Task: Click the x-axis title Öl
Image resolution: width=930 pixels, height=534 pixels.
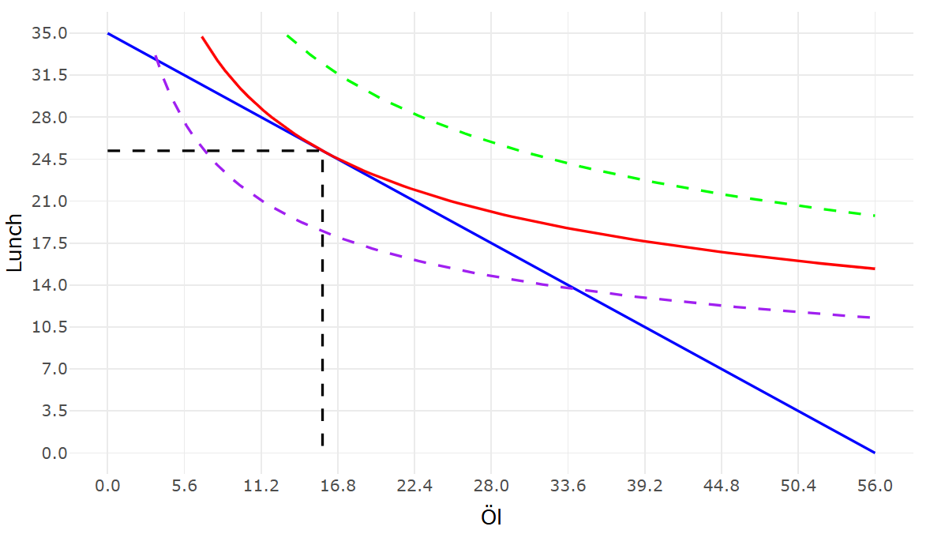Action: click(491, 518)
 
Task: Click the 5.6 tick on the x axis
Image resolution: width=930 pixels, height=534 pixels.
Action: click(184, 487)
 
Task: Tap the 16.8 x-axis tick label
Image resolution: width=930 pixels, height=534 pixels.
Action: click(337, 487)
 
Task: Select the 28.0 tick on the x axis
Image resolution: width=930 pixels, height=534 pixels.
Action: click(491, 487)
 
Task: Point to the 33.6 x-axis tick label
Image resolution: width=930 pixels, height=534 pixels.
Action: click(568, 487)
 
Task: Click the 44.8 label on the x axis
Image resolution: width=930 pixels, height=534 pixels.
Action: click(721, 487)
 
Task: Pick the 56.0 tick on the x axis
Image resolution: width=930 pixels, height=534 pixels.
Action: click(875, 487)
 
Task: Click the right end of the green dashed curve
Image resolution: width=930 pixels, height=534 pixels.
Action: click(875, 216)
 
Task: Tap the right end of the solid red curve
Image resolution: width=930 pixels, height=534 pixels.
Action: click(875, 269)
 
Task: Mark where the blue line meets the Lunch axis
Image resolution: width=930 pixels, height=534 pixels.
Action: click(108, 33)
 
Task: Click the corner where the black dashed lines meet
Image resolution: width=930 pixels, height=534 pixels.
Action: click(322, 150)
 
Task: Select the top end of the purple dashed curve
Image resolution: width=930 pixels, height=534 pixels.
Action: click(156, 55)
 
